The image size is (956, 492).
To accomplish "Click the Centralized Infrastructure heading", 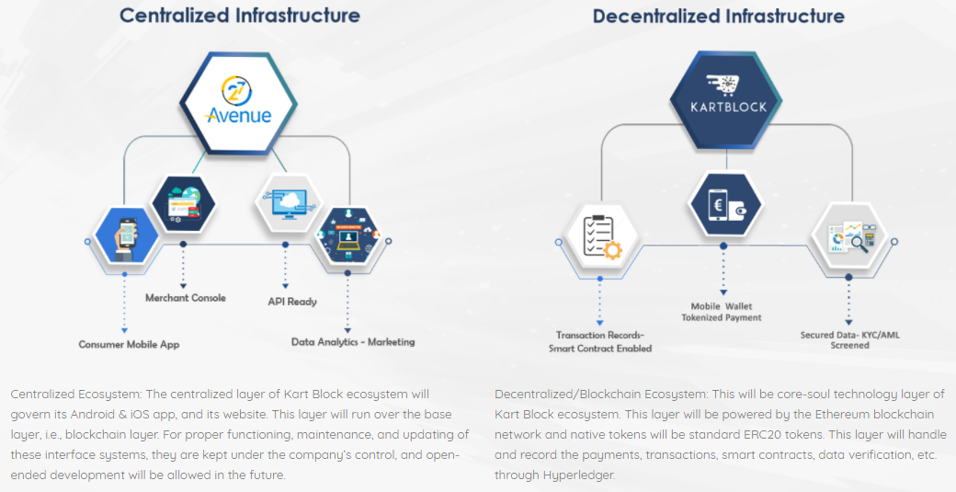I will tap(240, 16).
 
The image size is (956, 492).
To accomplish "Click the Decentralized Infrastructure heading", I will tap(718, 16).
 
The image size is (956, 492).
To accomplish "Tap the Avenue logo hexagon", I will tap(239, 102).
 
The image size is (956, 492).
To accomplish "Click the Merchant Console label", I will tap(185, 298).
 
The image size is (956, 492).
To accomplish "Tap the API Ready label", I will tap(292, 302).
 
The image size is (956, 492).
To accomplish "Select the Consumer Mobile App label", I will tap(129, 345).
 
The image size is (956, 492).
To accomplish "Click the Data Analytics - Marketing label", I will tap(353, 342).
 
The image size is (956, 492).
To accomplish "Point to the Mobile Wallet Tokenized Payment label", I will tap(722, 312).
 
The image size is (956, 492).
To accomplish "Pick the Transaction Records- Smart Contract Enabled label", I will tap(600, 342).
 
